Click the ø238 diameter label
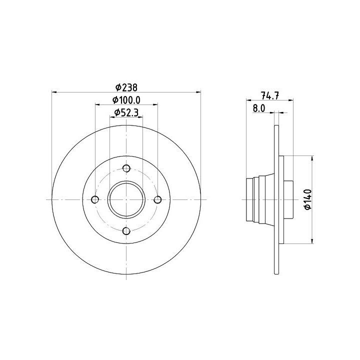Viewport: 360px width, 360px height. coord(126,87)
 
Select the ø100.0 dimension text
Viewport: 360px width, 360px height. coord(126,100)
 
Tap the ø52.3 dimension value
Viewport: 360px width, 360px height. coord(126,112)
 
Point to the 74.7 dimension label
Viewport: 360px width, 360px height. coord(270,95)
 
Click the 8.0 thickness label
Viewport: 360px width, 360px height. coord(259,108)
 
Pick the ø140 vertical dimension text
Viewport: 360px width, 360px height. coord(308,199)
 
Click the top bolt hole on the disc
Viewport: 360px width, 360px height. coord(126,168)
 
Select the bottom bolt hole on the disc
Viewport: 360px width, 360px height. coord(126,230)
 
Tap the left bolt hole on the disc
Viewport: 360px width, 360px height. coord(95,199)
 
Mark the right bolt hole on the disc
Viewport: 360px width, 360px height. coord(157,199)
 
